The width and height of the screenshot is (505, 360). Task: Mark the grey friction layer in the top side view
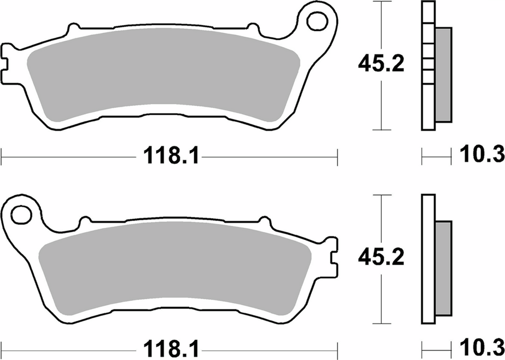(443, 75)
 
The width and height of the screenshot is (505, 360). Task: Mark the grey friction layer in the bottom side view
(443, 268)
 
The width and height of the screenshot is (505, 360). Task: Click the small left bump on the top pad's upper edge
(73, 28)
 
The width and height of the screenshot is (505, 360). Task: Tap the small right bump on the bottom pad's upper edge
(265, 221)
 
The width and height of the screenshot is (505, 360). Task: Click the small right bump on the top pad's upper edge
(252, 28)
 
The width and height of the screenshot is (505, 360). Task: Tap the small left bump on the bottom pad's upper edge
(85, 221)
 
